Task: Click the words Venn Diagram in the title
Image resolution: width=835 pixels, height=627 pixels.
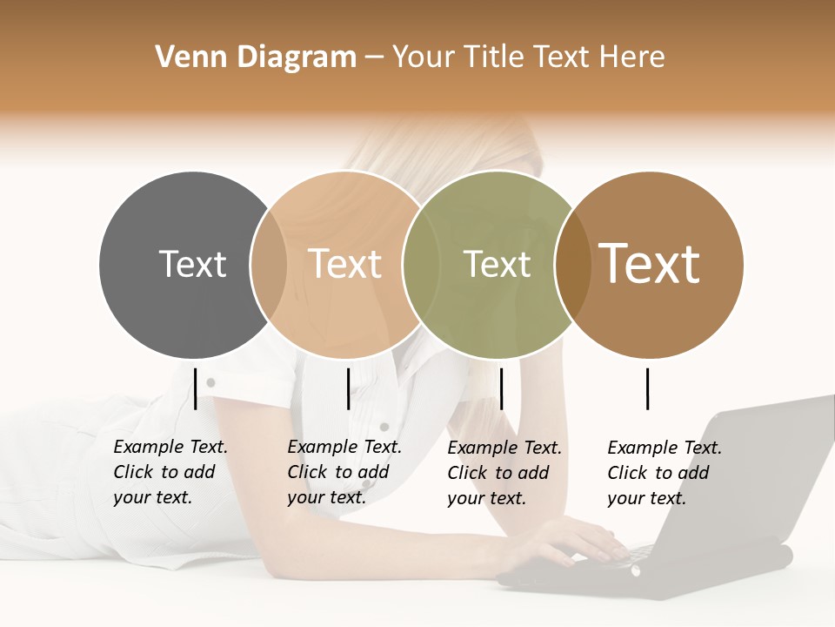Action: (256, 57)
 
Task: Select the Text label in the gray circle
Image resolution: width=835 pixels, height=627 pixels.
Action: (192, 264)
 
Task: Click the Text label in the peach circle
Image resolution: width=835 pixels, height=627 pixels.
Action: (344, 264)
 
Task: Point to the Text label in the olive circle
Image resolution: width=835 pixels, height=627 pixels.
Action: (497, 264)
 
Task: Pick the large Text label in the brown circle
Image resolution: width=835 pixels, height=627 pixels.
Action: (650, 263)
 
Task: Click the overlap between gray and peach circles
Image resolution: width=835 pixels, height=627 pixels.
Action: (269, 264)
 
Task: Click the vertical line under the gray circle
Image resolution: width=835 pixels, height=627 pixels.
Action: (196, 388)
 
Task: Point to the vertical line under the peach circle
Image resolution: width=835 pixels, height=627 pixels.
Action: (348, 388)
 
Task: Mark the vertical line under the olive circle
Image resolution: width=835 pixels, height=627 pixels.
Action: (501, 388)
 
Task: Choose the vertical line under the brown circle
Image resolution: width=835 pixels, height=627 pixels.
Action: (648, 388)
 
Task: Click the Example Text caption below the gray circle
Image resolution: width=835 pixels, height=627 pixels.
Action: (170, 472)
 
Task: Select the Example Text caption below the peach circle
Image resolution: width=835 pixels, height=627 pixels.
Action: (344, 472)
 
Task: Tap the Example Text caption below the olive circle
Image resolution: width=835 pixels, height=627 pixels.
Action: (504, 473)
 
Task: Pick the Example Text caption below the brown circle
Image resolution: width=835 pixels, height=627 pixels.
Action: (664, 473)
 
